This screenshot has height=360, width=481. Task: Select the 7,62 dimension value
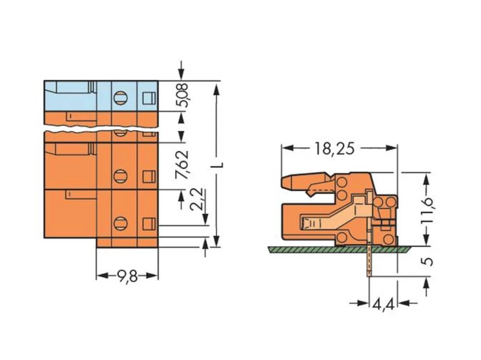[182, 164]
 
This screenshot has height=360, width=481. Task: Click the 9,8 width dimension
[127, 276]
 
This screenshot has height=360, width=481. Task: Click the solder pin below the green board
[369, 264]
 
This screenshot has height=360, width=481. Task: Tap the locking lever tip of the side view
[286, 182]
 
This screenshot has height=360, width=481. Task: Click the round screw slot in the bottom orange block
[120, 223]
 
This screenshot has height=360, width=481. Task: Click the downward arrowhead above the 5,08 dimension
[181, 74]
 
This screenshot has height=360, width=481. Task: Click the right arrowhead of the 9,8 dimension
[153, 276]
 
